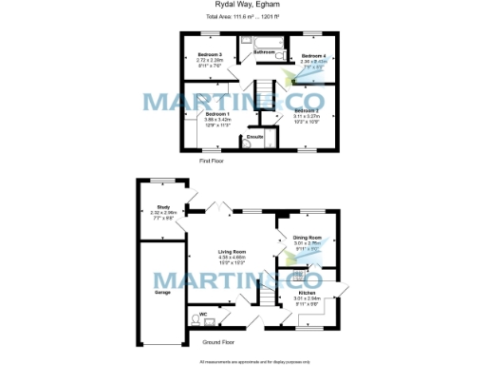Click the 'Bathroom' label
[x=252, y=52]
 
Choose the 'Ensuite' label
[x=254, y=137]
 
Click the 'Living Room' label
[x=232, y=252]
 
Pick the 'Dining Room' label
[x=307, y=238]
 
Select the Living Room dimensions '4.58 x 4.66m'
[x=232, y=258]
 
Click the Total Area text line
[x=242, y=17]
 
